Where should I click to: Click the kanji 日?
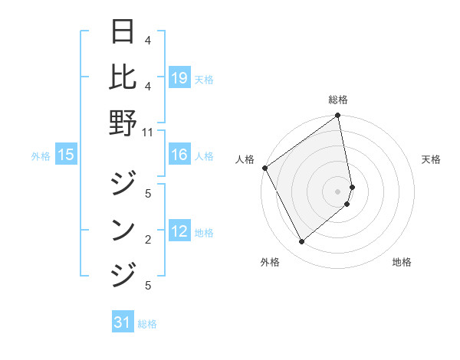pos(123,32)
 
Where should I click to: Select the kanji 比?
pos(123,77)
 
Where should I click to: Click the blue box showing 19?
pos(179,78)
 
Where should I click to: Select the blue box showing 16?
pos(179,155)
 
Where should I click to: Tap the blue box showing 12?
pos(179,232)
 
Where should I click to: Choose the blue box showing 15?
pos(66,155)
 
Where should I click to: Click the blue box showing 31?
pos(123,323)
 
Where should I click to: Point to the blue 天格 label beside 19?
pos(204,79)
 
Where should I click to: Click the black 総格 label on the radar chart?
pos(338,100)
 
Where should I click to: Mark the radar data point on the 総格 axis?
pos(338,116)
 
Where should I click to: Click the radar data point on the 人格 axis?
pos(265,168)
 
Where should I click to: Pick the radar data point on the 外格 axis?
pos(301,242)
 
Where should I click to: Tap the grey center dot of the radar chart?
pos(338,191)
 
